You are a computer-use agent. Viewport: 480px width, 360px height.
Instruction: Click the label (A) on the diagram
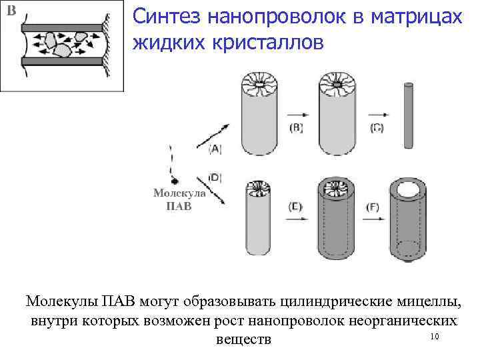tap(215, 149)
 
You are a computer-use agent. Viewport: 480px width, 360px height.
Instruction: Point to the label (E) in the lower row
tap(295, 207)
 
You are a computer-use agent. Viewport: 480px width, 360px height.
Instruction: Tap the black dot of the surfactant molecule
tap(175, 181)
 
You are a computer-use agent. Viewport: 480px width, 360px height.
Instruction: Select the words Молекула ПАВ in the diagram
tap(179, 199)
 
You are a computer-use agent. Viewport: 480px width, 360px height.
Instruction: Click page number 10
tap(435, 336)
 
